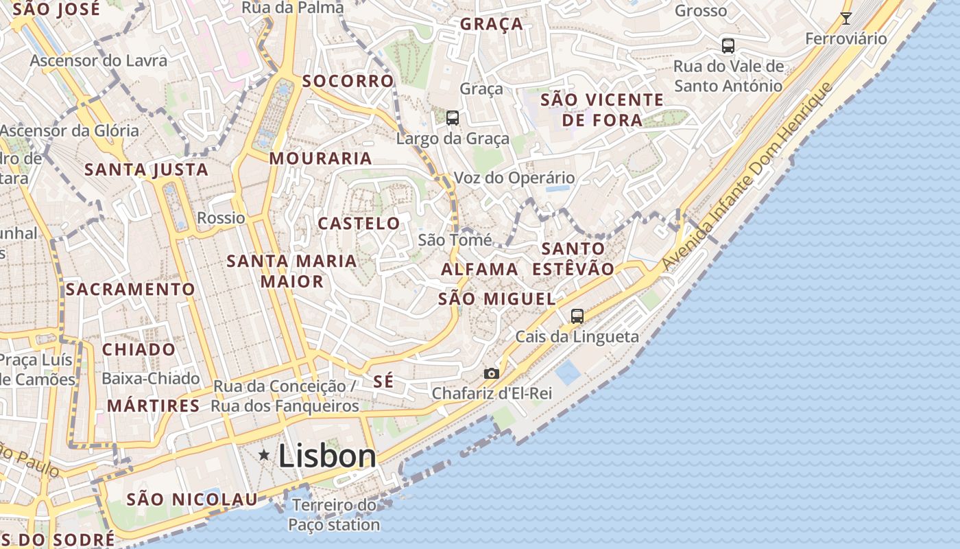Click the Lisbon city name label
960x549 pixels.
[327, 456]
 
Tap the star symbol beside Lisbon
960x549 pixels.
[264, 455]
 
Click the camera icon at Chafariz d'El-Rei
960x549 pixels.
[492, 374]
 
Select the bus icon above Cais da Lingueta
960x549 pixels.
[577, 316]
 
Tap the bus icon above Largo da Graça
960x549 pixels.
[453, 118]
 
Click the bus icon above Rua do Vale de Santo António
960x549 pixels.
[728, 46]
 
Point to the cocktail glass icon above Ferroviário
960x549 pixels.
[846, 19]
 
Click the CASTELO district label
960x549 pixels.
[359, 223]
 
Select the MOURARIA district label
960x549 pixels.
[320, 159]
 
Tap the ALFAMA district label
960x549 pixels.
[479, 269]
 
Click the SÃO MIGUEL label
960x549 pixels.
[496, 299]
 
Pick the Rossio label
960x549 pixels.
[221, 218]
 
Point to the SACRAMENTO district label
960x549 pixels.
[130, 289]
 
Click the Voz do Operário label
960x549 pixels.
[514, 178]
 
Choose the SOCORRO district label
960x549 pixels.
[348, 81]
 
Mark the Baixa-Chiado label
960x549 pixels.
[151, 378]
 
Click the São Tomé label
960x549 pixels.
[455, 240]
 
